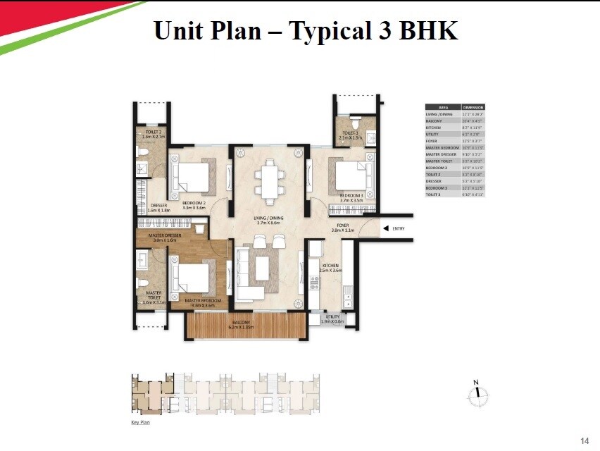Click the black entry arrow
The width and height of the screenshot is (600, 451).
385,228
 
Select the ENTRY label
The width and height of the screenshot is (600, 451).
399,228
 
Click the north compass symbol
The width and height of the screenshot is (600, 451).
477,396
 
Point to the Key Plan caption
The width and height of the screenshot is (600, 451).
140,423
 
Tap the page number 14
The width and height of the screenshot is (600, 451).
584,440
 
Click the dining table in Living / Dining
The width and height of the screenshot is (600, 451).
268,180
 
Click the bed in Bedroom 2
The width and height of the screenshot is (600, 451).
192,175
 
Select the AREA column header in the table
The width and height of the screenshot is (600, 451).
443,107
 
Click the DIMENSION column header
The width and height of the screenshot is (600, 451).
473,107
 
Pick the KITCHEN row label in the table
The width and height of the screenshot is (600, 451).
434,127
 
